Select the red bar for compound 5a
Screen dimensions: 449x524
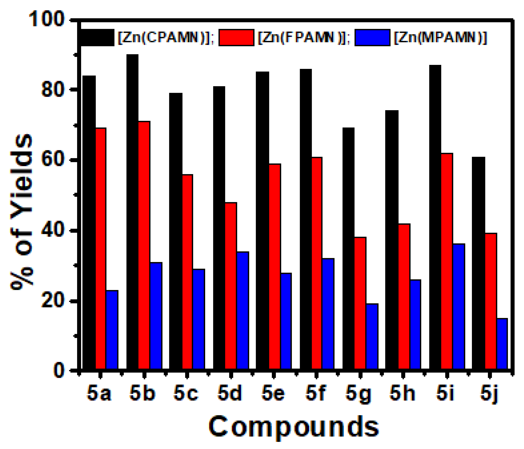(x=101, y=248)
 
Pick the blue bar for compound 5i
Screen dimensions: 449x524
(x=459, y=306)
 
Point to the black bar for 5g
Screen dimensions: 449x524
(x=348, y=248)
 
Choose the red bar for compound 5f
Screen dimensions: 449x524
(x=317, y=263)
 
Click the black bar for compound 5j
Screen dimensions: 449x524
(x=478, y=263)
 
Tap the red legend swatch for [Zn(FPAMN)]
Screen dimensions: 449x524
(x=236, y=38)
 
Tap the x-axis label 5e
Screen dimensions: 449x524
(x=273, y=393)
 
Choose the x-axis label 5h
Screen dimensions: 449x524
(x=402, y=393)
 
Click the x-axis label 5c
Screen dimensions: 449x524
(x=186, y=393)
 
